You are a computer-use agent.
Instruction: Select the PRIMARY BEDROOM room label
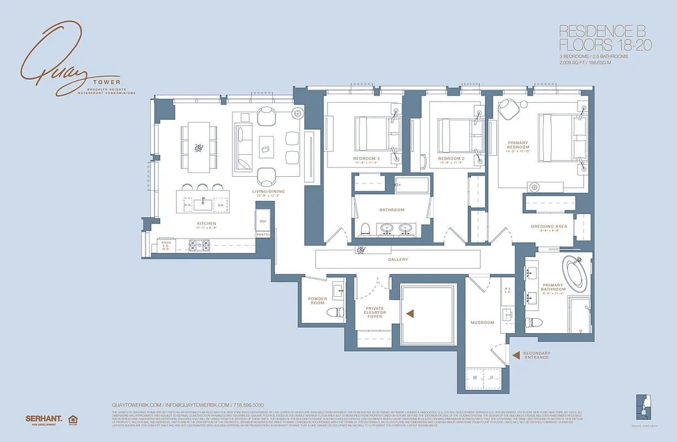coord(517,145)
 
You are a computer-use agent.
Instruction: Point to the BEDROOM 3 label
coord(366,159)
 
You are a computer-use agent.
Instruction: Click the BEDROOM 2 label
coord(451,159)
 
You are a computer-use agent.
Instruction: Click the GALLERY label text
coord(398,259)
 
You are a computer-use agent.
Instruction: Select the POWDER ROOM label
coord(318,301)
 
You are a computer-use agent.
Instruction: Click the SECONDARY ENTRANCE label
coord(536,355)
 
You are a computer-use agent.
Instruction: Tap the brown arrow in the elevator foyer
coord(410,313)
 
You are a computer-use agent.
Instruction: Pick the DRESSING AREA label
coord(549,227)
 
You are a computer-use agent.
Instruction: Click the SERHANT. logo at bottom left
coord(42,418)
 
